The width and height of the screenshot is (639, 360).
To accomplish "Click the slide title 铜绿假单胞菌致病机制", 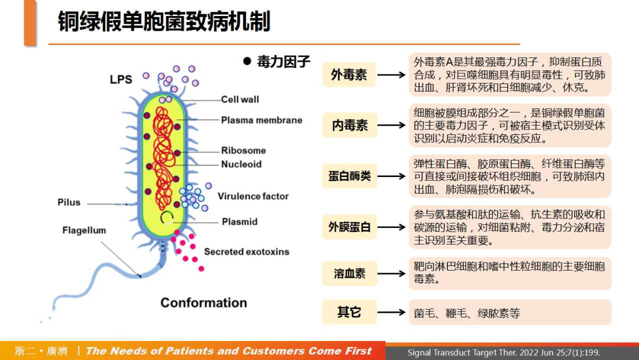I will pos(164,22).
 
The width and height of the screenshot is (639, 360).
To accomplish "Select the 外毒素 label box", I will pos(349,75).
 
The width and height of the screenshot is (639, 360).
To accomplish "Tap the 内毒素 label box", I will pos(349,126).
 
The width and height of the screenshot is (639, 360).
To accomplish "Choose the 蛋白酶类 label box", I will pos(349,176).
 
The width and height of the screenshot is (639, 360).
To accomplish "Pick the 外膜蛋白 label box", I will pos(349,227).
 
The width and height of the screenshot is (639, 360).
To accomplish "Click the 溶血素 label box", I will pos(349,274).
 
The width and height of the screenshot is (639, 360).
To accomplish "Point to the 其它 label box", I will pos(349,312).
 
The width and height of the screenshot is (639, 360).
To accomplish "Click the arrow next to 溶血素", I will pos(391,274).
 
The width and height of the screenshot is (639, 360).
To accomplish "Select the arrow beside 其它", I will pos(391,312).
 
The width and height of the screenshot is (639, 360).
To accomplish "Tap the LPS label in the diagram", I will pos(121,79).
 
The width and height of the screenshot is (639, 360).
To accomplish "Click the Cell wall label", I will pos(240,99).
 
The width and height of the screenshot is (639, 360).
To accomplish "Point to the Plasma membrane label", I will pos(262,120).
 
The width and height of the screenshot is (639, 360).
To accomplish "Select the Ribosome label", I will pos(243,150).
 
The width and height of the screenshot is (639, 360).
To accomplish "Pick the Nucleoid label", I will pos(241,164).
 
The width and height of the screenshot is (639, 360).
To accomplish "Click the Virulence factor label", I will pos(253,196).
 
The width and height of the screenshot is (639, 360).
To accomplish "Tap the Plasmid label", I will pos(240,222).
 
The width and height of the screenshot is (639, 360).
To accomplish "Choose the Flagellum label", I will pos(84,230).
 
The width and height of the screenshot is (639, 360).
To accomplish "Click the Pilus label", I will pos(69,202).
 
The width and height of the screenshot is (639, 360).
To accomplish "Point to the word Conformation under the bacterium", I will pos(204,303).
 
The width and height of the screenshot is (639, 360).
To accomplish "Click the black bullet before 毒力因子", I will pos(248,61).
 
